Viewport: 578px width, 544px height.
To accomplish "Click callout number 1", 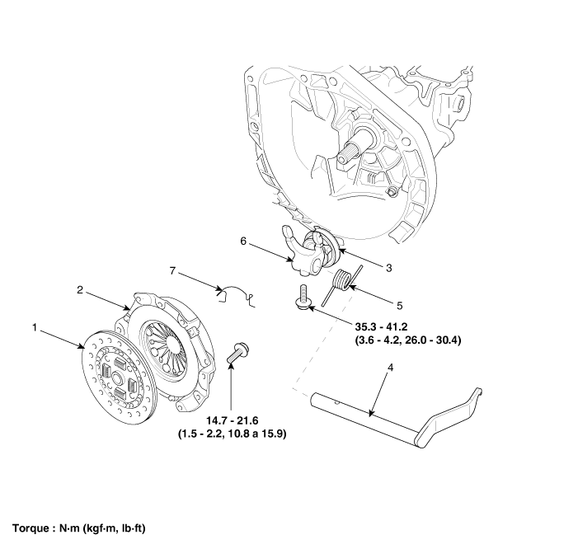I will click(35, 327).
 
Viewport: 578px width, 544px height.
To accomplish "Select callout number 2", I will click(80, 289).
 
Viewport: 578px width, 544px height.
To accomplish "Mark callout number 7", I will click(172, 270).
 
